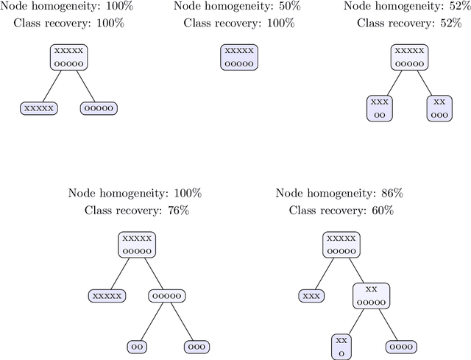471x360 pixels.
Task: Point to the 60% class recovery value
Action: tap(382, 211)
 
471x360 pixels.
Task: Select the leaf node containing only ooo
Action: tap(196, 346)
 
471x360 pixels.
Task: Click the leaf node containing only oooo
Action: tap(401, 346)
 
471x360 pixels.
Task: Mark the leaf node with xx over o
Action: tap(341, 346)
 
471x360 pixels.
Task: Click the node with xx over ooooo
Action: tap(371, 295)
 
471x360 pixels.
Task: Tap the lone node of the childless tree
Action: tap(239, 57)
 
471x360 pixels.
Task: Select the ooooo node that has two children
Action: tap(166, 295)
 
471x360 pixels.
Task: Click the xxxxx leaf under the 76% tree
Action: tap(106, 295)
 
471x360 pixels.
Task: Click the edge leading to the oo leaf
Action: tap(151, 321)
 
